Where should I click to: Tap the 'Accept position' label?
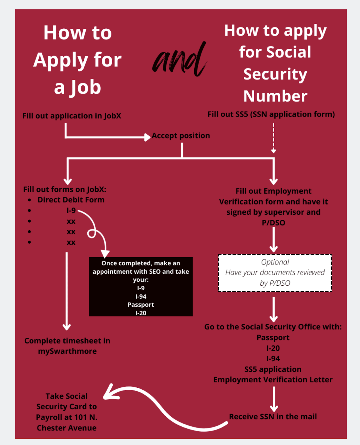coord(181,136)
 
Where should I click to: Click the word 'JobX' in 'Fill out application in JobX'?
coord(113,116)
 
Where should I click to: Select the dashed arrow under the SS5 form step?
coord(274,138)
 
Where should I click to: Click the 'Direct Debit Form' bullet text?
coord(71,200)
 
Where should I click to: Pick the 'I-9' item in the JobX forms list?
coord(71,210)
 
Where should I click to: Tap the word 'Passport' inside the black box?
coord(141,305)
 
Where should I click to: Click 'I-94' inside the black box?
coord(141,296)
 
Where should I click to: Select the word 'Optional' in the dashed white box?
coord(275,262)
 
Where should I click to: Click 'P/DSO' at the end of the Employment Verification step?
coord(274,223)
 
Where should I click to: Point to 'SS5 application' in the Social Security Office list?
coord(273,369)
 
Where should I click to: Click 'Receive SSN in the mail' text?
coord(273,416)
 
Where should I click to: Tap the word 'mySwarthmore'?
coord(67,351)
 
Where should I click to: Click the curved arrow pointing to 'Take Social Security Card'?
coord(165,409)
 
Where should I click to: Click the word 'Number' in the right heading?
coord(275,96)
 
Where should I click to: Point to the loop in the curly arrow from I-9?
coord(91,234)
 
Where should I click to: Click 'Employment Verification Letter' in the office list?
coord(273,380)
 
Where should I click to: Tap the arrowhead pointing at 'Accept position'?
coord(147,137)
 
